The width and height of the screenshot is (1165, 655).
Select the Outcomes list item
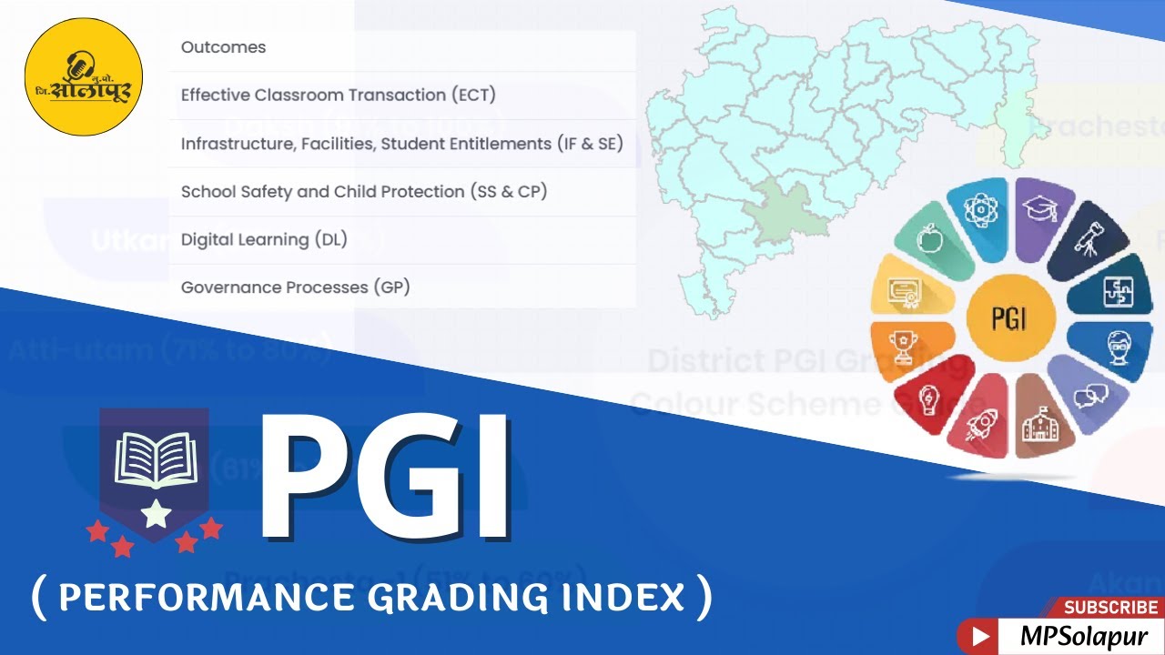coord(223,47)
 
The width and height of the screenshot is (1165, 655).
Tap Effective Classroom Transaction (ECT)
coord(338,95)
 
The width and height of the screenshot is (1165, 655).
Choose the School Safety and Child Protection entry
coord(363,191)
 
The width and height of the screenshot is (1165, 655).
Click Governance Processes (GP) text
coord(295,287)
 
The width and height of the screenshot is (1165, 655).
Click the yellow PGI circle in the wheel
coord(1010,319)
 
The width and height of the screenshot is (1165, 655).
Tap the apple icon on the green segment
coord(929,242)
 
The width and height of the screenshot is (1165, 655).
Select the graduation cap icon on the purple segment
coord(1038,208)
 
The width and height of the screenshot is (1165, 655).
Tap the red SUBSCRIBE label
coord(1110,607)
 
